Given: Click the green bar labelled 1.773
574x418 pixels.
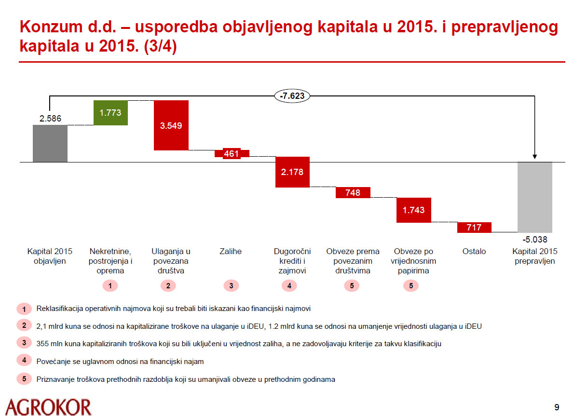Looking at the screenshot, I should click(110, 113).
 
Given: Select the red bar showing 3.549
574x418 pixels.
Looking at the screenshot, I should click(171, 125).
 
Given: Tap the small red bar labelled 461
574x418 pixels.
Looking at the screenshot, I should click(232, 154).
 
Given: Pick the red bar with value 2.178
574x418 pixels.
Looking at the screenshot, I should click(292, 172).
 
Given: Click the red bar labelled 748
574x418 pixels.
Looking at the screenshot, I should click(353, 192).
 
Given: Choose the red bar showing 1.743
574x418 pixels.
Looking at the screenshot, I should click(413, 210).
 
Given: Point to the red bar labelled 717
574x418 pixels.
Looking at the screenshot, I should click(474, 227).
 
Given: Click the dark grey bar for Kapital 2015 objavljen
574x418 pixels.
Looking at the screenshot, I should click(50, 143).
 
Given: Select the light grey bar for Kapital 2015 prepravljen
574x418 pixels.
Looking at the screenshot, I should click(534, 197).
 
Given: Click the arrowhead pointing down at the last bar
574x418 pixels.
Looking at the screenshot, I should click(534, 156).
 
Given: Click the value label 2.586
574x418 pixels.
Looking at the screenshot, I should click(50, 118).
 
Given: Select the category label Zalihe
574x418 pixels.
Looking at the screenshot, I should click(231, 251).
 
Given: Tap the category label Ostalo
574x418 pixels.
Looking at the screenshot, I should click(474, 251).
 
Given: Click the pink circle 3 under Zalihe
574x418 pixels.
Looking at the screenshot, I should click(231, 285).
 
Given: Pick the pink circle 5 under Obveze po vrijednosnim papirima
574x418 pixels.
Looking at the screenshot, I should click(411, 285).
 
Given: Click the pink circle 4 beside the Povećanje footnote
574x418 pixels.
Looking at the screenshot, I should click(24, 360).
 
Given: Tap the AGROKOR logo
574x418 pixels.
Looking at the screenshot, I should click(48, 406).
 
